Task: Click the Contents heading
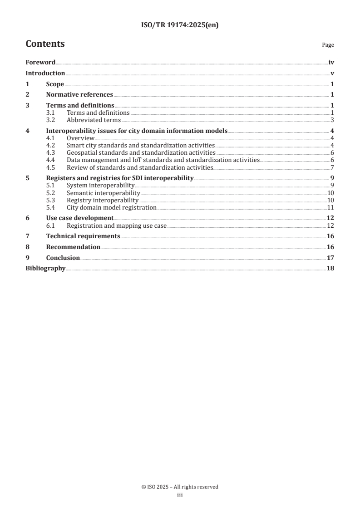(x=45, y=44)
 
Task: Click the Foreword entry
(x=40, y=63)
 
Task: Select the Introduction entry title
(x=45, y=73)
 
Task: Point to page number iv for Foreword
(x=331, y=63)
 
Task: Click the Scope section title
(x=55, y=84)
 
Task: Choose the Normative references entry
(x=79, y=95)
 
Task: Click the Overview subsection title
(x=80, y=138)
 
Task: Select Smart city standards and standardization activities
(x=140, y=145)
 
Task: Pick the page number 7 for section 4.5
(x=332, y=167)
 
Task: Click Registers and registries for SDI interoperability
(x=120, y=178)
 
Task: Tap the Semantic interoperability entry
(x=103, y=193)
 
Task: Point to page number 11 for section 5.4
(x=331, y=207)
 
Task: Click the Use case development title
(x=80, y=218)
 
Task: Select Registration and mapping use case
(x=117, y=225)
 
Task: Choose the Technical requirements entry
(x=83, y=236)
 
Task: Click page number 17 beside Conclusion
(x=330, y=258)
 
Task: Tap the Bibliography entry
(x=45, y=269)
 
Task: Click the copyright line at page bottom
(x=180, y=487)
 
